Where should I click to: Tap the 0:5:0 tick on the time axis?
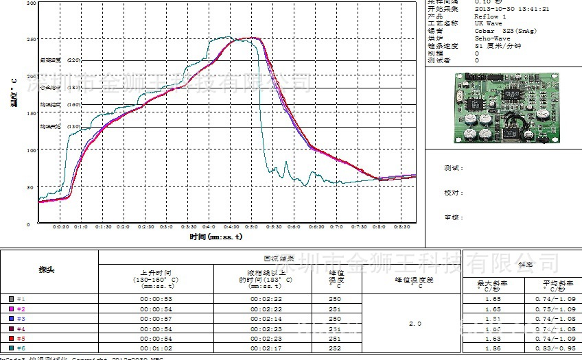(251, 227)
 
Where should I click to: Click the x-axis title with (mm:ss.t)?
(216, 237)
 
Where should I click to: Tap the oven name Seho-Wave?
(491, 38)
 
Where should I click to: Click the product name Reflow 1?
(491, 16)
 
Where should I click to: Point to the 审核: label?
(454, 217)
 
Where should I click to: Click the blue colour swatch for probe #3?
(11, 319)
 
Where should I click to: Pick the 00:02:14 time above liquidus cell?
(270, 319)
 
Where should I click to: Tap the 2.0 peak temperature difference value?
(414, 323)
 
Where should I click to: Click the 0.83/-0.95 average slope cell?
(552, 348)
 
